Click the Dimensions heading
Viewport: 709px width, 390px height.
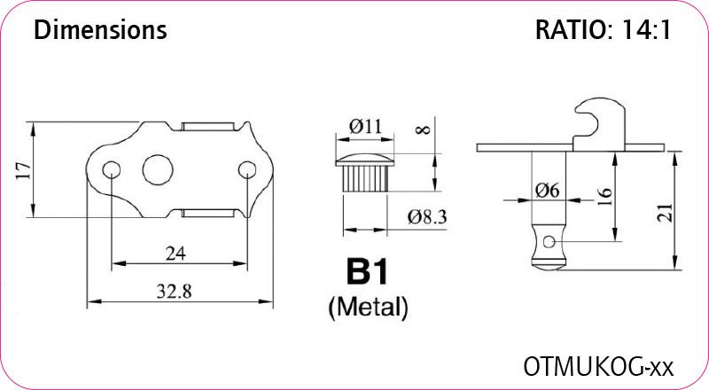[x=100, y=30]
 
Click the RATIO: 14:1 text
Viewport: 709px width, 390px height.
[x=603, y=30]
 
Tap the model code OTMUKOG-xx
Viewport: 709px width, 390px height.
[x=598, y=366]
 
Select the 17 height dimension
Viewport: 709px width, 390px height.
[x=24, y=169]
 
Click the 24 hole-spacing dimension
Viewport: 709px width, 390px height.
[x=175, y=253]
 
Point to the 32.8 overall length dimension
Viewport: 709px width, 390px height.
[x=174, y=292]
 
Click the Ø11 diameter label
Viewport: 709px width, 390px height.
[x=365, y=126]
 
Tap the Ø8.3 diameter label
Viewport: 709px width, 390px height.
[x=427, y=217]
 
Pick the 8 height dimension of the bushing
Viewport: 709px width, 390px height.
[x=424, y=129]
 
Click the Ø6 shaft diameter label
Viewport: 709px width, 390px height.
[x=547, y=191]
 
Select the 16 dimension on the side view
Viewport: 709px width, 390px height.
[x=605, y=197]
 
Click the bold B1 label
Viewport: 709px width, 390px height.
[x=367, y=271]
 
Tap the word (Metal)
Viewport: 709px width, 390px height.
[x=368, y=308]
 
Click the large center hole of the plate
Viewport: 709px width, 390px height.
[x=158, y=169]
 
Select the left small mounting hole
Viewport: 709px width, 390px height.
[x=112, y=170]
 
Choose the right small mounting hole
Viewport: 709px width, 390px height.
[x=247, y=170]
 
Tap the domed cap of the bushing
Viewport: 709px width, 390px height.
[x=364, y=160]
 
